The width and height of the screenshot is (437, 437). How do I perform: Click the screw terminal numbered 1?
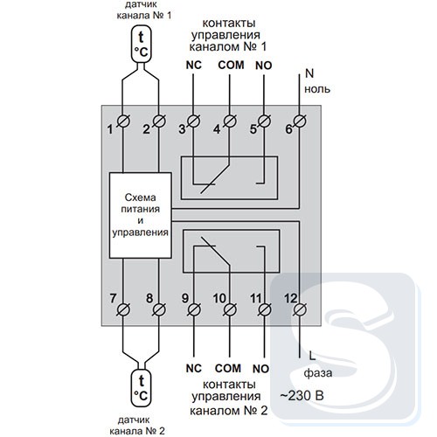pyautogui.click(x=123, y=121)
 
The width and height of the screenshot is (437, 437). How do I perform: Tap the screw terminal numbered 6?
pyautogui.click(x=300, y=121)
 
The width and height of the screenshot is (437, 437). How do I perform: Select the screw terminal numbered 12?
pyautogui.click(x=300, y=309)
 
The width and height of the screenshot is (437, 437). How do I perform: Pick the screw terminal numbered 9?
pyautogui.click(x=194, y=309)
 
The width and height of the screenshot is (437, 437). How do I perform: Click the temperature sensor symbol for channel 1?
pyautogui.click(x=142, y=44)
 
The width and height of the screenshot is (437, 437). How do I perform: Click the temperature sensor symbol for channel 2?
pyautogui.click(x=142, y=388)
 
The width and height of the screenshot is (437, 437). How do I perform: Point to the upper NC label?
pyautogui.click(x=194, y=66)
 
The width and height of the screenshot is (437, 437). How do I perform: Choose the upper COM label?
pyautogui.click(x=231, y=66)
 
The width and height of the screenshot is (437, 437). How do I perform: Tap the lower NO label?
pyautogui.click(x=260, y=369)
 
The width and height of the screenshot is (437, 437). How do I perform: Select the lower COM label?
pyautogui.click(x=228, y=369)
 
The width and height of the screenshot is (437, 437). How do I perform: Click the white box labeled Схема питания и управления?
pyautogui.click(x=140, y=215)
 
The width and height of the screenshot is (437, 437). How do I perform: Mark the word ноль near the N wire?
pyautogui.click(x=317, y=89)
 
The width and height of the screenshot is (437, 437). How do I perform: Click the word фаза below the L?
pyautogui.click(x=318, y=373)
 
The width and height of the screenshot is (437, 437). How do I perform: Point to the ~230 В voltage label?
pyautogui.click(x=302, y=396)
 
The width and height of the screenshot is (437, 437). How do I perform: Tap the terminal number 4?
pyautogui.click(x=217, y=129)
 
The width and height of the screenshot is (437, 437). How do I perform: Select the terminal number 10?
pyautogui.click(x=219, y=298)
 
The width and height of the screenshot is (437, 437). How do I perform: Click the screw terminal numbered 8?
pyautogui.click(x=159, y=309)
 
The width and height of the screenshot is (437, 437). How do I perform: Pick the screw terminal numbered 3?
pyautogui.click(x=194, y=121)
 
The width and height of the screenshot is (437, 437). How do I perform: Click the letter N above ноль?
pyautogui.click(x=309, y=73)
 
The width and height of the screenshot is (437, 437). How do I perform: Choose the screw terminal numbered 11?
pyautogui.click(x=264, y=309)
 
